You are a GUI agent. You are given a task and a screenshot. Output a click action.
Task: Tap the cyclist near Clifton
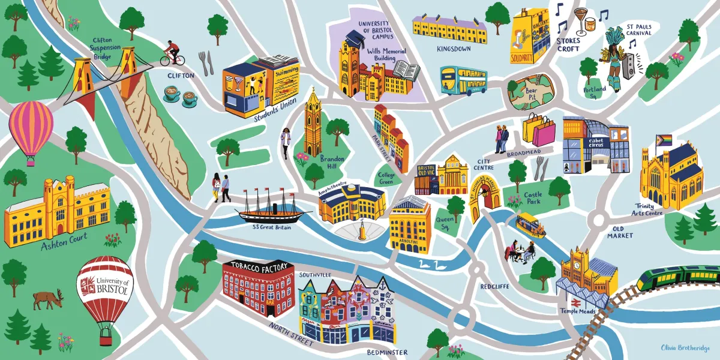pos(172,53)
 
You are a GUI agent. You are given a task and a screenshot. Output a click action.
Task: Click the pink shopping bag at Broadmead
pos(544,133)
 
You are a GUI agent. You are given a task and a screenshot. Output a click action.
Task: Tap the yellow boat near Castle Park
pos(531,225)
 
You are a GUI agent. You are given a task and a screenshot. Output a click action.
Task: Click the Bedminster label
pos(388,352)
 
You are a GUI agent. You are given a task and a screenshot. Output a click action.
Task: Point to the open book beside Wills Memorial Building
pos(409,71)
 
